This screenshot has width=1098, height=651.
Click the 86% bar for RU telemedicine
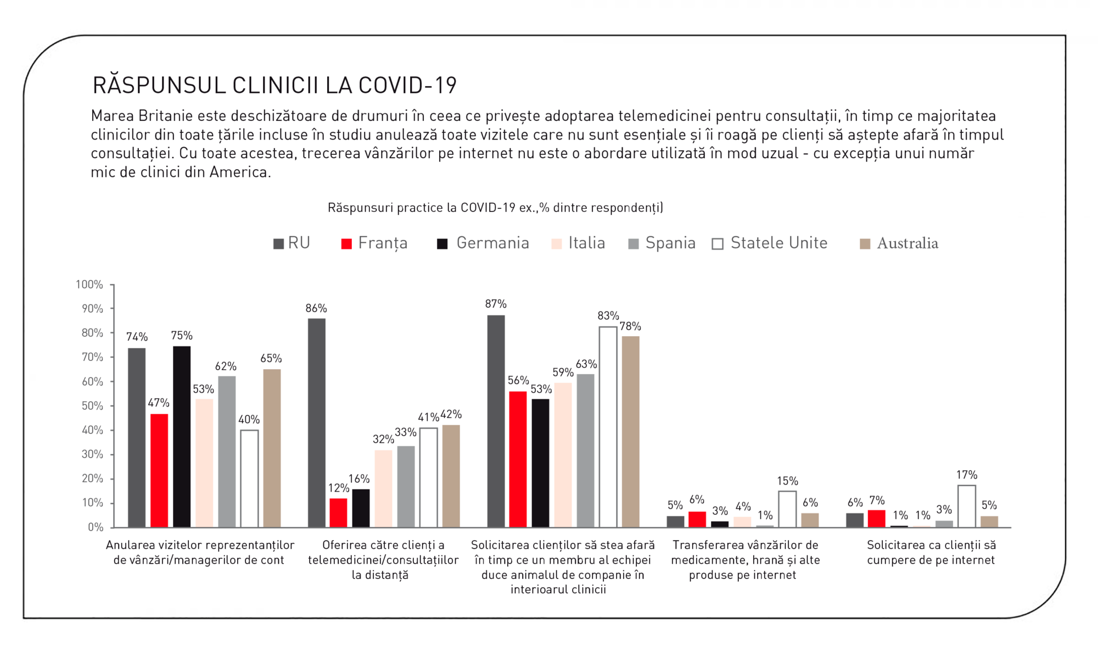317,423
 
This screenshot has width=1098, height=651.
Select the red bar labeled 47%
159,470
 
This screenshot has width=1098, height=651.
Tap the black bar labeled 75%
182,437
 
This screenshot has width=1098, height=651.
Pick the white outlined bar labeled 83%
608,427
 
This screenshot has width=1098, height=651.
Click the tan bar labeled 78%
630,432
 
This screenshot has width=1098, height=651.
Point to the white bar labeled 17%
966,506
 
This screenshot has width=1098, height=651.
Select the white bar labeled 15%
787,509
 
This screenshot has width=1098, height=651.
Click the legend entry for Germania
483,243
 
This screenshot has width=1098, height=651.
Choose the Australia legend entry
899,243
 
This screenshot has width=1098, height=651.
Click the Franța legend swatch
346,244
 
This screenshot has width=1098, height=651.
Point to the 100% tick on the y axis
89,285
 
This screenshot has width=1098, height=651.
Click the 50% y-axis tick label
92,406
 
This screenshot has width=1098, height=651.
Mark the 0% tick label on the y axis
96,527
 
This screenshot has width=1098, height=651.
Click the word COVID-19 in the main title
407,86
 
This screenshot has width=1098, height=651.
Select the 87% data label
496,304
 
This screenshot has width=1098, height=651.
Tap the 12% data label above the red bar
339,488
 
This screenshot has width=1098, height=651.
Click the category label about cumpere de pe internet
931,553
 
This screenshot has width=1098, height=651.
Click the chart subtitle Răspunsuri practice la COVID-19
495,208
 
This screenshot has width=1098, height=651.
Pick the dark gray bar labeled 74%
137,438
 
